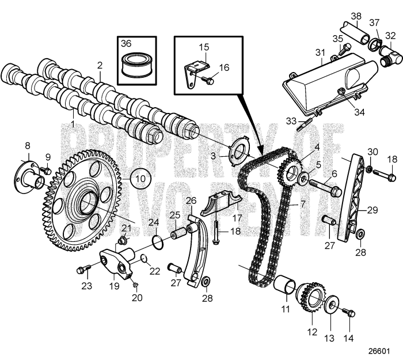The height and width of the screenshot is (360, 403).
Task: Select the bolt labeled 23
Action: click(83, 269)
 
